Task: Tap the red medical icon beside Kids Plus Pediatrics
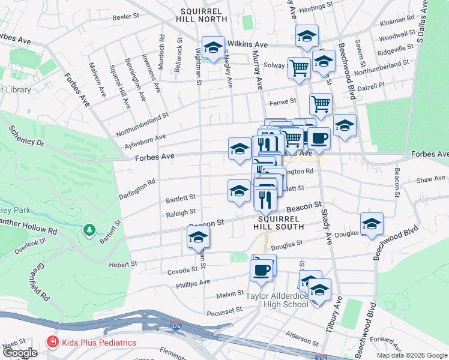tap(52, 343)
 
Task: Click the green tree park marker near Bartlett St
tap(89, 229)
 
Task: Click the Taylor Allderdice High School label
tap(277, 300)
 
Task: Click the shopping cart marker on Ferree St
tap(321, 103)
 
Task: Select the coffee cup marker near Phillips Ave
tap(261, 269)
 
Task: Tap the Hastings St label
tap(316, 6)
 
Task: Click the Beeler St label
tap(126, 16)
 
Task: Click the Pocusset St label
tap(223, 310)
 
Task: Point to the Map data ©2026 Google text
tap(411, 355)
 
